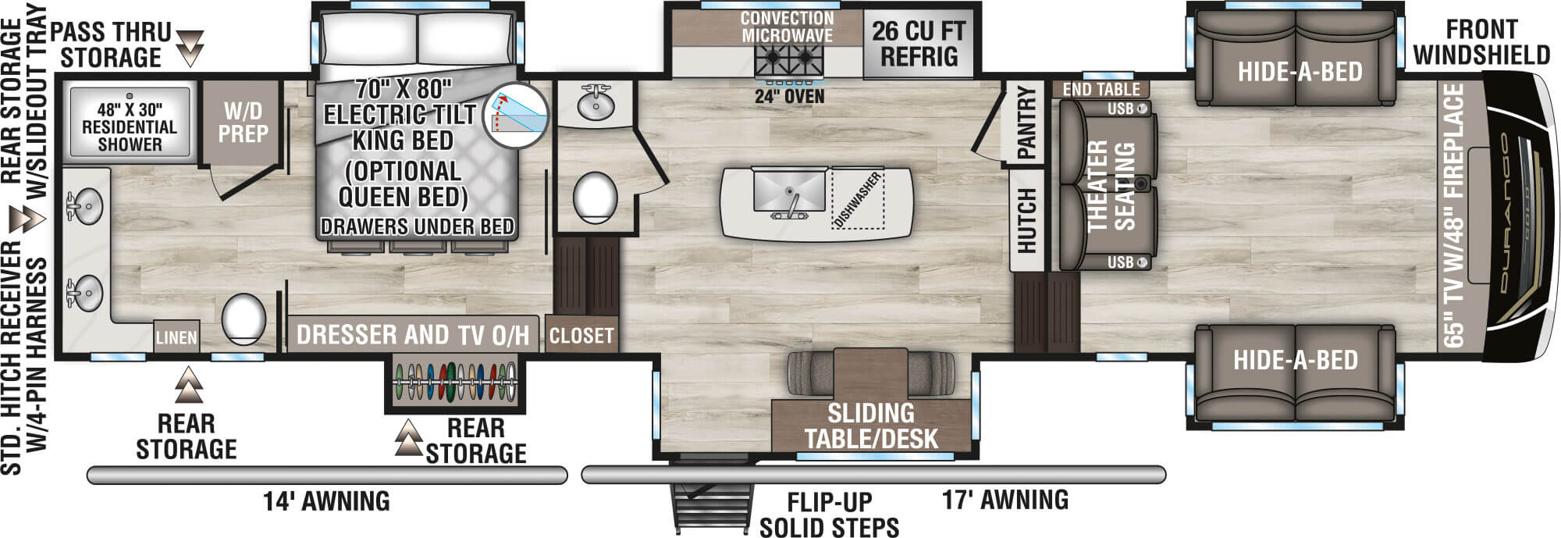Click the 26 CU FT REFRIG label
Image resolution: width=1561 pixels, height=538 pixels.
(x=919, y=44)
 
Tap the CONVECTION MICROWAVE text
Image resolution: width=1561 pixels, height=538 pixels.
(x=787, y=27)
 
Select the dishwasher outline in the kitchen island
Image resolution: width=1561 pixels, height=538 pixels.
(x=857, y=199)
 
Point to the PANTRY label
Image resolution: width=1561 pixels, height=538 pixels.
(x=1026, y=123)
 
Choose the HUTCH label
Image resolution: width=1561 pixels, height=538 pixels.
(x=1026, y=220)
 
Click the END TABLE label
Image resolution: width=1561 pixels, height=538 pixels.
(x=1101, y=89)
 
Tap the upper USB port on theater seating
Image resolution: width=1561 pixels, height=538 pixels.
(x=1142, y=109)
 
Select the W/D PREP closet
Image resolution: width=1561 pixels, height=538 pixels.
(x=241, y=123)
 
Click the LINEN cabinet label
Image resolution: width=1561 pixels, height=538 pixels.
(x=176, y=337)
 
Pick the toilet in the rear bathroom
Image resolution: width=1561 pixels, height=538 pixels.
(x=244, y=319)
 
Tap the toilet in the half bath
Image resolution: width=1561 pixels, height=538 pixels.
(x=595, y=196)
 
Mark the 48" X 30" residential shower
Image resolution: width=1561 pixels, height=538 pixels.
(x=130, y=125)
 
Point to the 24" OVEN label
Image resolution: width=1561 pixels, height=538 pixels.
(x=789, y=97)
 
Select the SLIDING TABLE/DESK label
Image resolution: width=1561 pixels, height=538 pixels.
(x=870, y=426)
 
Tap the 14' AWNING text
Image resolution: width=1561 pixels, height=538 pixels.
(x=326, y=501)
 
